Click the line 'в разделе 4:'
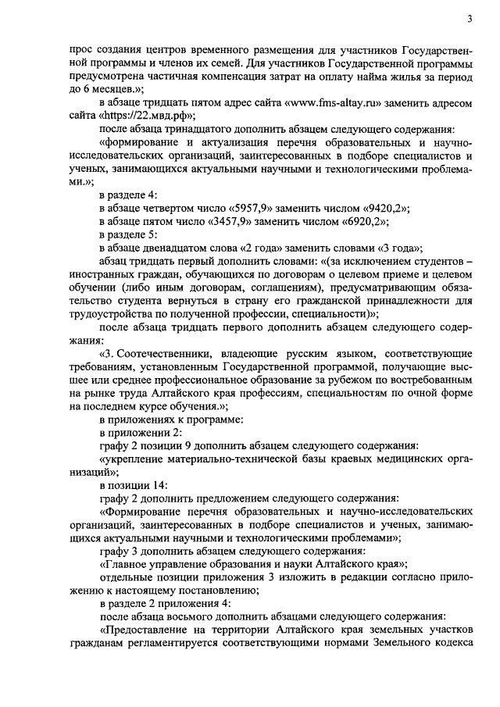point(128,194)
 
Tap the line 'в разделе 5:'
point(128,234)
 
